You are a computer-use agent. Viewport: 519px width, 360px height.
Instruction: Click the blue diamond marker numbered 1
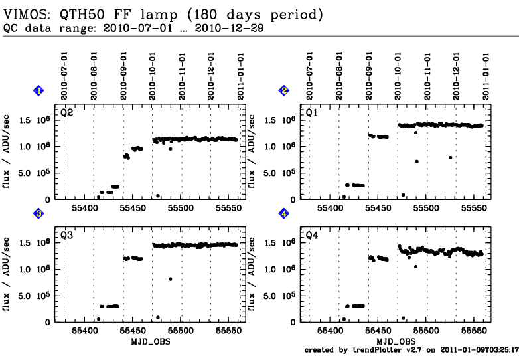[39, 90]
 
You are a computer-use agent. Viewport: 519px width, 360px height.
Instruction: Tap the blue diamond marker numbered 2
[284, 90]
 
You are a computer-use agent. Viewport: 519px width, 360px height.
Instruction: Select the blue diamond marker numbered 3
[39, 213]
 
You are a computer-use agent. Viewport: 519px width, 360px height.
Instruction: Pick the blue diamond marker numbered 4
[284, 213]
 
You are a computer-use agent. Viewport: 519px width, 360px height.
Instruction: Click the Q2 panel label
[66, 113]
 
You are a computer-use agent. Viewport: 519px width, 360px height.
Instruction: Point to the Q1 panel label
[311, 113]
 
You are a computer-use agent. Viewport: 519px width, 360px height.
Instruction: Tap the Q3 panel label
[66, 235]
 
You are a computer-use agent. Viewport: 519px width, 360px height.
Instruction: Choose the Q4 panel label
[311, 235]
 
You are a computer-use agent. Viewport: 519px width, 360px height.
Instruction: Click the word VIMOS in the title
[26, 14]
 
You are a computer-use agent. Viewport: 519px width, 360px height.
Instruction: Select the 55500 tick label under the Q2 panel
[181, 207]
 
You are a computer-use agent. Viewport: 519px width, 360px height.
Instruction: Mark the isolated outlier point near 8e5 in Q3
[171, 279]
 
